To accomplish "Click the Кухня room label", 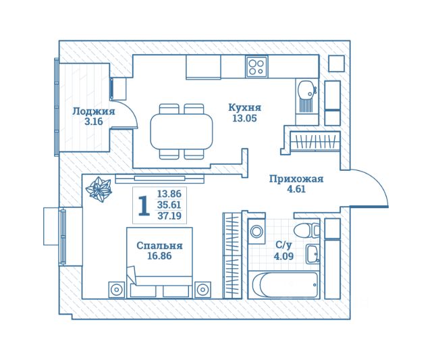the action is pos(244,107).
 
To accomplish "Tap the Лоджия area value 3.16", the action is pos(94,122).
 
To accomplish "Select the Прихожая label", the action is pos(296,179).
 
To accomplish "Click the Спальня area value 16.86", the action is pos(159,256).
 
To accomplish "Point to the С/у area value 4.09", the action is pos(283,257).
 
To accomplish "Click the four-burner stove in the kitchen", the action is pos(256,66).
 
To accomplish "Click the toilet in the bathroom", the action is pos(306,230).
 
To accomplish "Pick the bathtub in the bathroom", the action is pos(284,284).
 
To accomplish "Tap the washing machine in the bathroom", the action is pos(256,231).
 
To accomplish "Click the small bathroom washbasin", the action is pos(313,253).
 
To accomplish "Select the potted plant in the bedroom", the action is pos(99,190).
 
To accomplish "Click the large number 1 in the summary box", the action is pos(144,205).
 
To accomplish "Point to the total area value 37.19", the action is pos(169,215).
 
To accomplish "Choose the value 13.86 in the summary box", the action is pos(169,194).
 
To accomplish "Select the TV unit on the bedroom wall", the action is pos(159,178).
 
